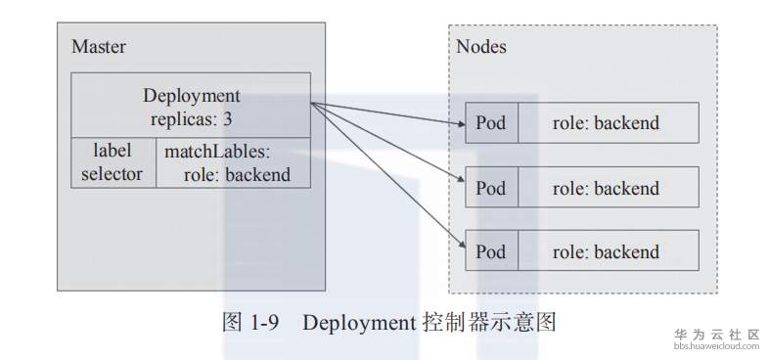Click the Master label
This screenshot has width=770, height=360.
[99, 47]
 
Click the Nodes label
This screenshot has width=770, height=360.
[481, 47]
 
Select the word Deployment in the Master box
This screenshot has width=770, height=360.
[191, 96]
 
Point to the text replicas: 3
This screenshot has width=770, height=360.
[191, 119]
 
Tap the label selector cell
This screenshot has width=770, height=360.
[112, 162]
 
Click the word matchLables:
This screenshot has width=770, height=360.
[216, 152]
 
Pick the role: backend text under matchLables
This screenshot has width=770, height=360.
[236, 175]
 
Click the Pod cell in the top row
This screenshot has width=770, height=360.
[490, 123]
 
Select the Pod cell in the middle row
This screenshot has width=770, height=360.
[490, 188]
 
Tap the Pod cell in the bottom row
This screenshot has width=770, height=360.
[490, 251]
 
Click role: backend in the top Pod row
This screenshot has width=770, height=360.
[606, 123]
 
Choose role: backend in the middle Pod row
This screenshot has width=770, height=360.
[606, 188]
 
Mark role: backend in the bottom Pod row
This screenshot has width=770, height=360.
[606, 251]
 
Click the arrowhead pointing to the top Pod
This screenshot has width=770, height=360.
[458, 124]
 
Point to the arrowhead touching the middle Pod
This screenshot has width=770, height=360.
[458, 183]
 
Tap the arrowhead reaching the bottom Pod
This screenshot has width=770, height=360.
[458, 245]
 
